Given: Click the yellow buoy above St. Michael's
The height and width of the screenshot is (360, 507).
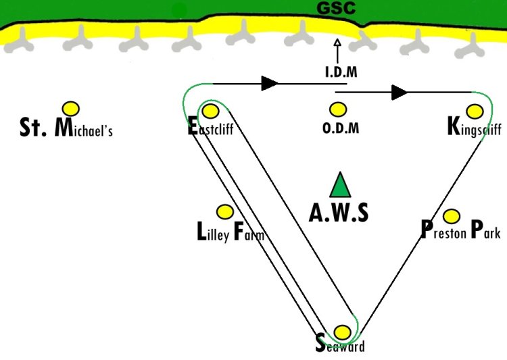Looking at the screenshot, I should tap(71, 108).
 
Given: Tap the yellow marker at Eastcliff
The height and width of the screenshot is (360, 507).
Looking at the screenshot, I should tap(210, 111).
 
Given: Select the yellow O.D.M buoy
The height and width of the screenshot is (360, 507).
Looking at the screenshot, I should tap(338, 109).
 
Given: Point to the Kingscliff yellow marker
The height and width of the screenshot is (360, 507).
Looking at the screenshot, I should tap(475, 110).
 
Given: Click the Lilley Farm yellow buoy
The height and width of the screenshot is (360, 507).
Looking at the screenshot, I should tap(224, 211).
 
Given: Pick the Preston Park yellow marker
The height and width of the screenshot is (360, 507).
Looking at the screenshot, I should tap(452, 216).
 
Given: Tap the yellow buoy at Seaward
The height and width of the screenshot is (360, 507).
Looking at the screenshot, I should tap(343, 332).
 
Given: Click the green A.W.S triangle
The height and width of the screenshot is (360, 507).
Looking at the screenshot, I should tap(340, 185).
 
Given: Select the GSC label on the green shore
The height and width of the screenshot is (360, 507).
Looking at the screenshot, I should tap(337, 9).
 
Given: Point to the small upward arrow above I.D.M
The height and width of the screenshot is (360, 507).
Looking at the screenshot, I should tap(337, 51).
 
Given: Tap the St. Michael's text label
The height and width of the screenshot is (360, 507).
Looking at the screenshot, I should tap(66, 128).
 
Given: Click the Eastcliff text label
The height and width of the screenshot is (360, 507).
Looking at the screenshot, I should tap(211, 128).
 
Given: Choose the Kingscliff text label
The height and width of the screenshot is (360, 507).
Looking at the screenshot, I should tap(474, 128).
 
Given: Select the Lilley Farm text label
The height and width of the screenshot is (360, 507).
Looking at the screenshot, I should tap(230, 234).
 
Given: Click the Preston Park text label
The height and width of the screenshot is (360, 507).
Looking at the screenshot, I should tap(460, 232).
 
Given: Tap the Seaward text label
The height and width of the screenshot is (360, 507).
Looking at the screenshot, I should tap(340, 346).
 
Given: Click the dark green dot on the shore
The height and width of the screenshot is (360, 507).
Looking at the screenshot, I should tap(179, 9).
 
